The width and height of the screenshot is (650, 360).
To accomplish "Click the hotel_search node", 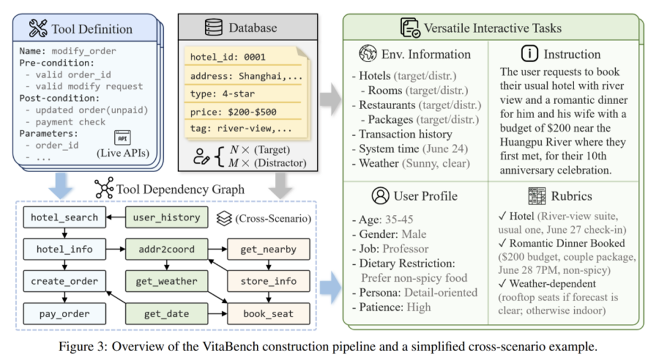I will pyautogui.click(x=64, y=217).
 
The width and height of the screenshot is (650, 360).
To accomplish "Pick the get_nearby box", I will pyautogui.click(x=268, y=249).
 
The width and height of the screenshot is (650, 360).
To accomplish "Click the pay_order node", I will pyautogui.click(x=64, y=314).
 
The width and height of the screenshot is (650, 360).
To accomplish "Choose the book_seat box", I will pyautogui.click(x=268, y=314).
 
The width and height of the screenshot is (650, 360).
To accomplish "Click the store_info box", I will pyautogui.click(x=268, y=281).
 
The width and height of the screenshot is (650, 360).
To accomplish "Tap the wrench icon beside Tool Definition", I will pyautogui.click(x=37, y=28).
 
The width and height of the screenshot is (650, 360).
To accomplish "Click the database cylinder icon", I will pyautogui.click(x=213, y=28).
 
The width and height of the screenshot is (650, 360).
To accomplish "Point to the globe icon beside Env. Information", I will pyautogui.click(x=367, y=54).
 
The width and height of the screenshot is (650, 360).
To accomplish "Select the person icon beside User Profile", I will pyautogui.click(x=380, y=196).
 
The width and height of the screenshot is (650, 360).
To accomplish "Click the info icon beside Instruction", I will pyautogui.click(x=530, y=54).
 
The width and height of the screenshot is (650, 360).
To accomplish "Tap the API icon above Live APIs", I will pyautogui.click(x=122, y=138).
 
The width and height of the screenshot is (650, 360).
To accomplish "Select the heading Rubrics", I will pyautogui.click(x=571, y=196).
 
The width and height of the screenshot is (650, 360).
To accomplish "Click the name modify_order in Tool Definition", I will pyautogui.click(x=84, y=51).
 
